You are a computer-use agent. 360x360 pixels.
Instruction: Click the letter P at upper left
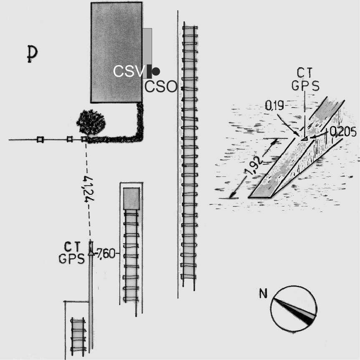coord(32,54)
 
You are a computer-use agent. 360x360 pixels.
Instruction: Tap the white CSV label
coord(129,71)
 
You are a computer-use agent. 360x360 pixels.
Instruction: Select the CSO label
coord(161,87)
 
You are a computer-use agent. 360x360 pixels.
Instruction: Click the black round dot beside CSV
coord(156,71)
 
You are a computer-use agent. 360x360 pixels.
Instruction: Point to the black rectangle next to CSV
coord(149,71)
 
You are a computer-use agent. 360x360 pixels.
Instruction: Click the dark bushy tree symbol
coord(91,122)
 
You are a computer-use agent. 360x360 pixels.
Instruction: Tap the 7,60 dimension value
coord(106,254)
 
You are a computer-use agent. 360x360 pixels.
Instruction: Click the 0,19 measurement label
coord(274,106)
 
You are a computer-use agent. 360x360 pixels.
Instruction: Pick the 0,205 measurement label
coord(343,132)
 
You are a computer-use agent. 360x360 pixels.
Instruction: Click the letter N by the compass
coord(263,294)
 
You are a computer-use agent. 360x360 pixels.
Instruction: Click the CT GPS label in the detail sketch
coord(305,79)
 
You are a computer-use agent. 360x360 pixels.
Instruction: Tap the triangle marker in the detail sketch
coord(305,138)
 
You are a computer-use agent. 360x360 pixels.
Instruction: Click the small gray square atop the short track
coord(131,199)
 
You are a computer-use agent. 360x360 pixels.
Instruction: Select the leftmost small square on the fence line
coord(40,139)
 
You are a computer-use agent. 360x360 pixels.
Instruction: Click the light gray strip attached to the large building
coord(148,47)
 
